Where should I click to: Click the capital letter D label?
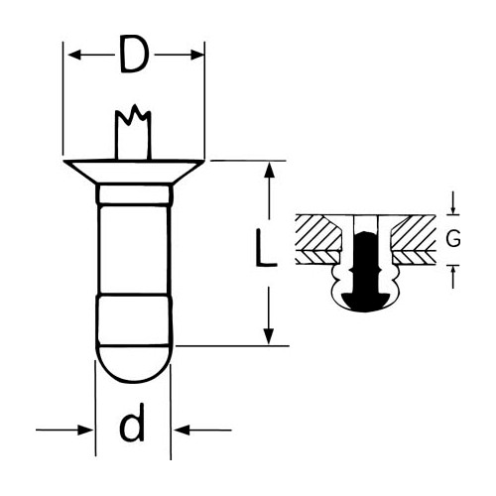pos(133,54)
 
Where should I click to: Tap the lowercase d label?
pos(132,423)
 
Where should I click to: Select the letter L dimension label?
pos(266,248)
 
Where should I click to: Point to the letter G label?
pos(452,239)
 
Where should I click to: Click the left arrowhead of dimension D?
pos(74,55)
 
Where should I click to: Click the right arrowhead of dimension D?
pos(197,55)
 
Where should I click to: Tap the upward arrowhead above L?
pos(270,170)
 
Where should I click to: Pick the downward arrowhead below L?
pos(269,336)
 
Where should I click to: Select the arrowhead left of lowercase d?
pos(85,430)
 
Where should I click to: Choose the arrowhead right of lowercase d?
pos(182,431)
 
